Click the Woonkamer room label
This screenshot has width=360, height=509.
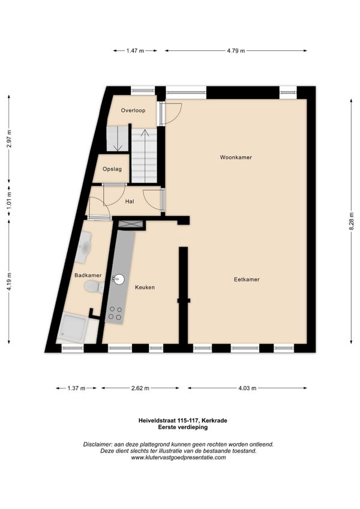click(x=236, y=157)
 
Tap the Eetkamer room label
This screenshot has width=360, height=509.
click(x=247, y=280)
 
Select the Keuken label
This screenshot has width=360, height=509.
click(x=145, y=288)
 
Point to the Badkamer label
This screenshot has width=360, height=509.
click(x=88, y=276)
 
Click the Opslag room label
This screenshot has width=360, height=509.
click(x=112, y=169)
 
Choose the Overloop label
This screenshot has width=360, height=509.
click(x=133, y=110)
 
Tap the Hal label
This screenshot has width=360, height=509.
click(x=130, y=202)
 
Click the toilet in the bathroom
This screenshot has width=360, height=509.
click(x=94, y=287)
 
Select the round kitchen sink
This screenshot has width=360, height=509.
click(x=118, y=279)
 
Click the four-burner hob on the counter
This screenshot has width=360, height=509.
click(x=115, y=313)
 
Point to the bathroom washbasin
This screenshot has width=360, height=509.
click(x=83, y=247)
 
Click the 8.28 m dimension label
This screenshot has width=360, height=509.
click(x=351, y=221)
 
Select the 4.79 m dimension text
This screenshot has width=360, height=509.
click(x=236, y=50)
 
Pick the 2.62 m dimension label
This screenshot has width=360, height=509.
click(x=140, y=388)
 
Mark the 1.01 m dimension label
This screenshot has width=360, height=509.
click(x=9, y=200)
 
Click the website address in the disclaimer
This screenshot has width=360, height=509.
click(x=178, y=458)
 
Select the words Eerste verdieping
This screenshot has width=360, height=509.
click(x=183, y=427)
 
